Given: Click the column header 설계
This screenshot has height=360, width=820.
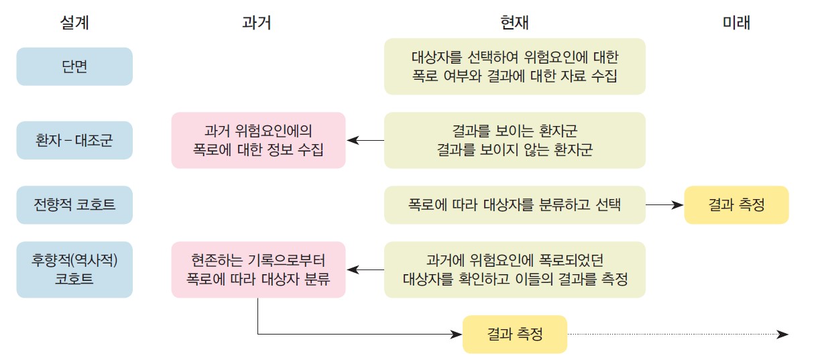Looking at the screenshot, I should point(74,23).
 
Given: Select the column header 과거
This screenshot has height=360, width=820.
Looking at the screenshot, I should point(257,23).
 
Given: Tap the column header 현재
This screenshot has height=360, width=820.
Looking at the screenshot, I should point(514,23).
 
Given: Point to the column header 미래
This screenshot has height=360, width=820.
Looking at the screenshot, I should point(736,23).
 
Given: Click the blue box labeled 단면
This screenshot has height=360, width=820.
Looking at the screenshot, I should point(74,66).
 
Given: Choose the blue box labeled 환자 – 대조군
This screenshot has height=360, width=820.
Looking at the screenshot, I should point(74,140).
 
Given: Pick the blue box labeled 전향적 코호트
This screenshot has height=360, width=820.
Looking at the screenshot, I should point(74,204).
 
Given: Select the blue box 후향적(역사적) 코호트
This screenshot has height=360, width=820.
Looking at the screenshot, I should point(74,269).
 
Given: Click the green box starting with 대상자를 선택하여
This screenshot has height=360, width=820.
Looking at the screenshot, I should point(514,66).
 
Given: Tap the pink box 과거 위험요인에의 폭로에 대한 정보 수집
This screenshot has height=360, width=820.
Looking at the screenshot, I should point(258,140).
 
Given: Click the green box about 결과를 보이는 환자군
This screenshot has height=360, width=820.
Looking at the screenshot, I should point(514,140).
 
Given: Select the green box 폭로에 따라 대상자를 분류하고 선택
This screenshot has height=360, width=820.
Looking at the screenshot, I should point(514,204).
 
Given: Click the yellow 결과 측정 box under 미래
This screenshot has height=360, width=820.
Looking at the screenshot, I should point(736,204).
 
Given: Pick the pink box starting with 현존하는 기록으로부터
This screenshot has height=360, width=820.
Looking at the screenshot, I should point(258,269).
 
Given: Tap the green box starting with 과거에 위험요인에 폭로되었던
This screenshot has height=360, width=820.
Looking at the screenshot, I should point(514,269).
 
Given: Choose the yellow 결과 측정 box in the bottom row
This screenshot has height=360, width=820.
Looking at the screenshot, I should point(514,334).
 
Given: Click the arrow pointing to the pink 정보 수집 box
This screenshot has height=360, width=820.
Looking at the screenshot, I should point(365,140).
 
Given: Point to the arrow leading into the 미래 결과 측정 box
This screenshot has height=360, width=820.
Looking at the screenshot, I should point(664,204).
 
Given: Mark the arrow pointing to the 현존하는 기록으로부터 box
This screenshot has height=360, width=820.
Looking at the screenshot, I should point(365,269).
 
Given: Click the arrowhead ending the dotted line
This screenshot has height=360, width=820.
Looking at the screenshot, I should point(783,334).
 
